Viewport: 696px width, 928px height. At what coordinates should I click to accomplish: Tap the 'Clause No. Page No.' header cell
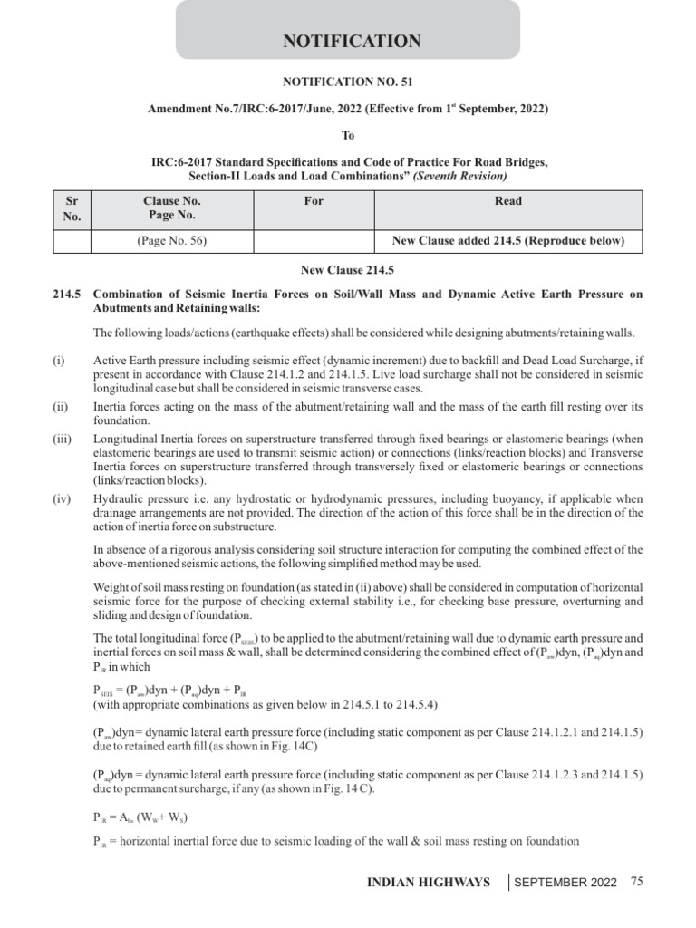click(172, 208)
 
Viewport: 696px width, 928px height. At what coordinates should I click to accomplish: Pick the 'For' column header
click(314, 201)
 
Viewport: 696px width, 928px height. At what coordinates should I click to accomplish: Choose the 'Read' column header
click(507, 201)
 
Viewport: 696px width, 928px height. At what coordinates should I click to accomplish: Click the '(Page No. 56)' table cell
click(172, 241)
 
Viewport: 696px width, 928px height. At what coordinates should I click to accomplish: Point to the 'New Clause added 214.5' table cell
click(507, 241)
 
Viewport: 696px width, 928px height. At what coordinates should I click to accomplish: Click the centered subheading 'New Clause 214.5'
click(348, 270)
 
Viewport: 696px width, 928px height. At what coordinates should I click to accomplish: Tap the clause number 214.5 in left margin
click(67, 295)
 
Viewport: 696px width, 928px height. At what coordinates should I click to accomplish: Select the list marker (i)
click(59, 361)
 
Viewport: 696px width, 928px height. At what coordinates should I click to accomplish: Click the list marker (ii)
click(60, 405)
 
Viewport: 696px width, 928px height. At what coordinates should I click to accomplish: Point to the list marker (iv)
click(61, 499)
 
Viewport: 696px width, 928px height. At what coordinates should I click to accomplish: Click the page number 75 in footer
click(636, 881)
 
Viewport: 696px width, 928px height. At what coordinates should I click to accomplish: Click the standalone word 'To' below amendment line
click(348, 135)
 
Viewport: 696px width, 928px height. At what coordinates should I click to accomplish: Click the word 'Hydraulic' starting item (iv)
click(118, 499)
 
